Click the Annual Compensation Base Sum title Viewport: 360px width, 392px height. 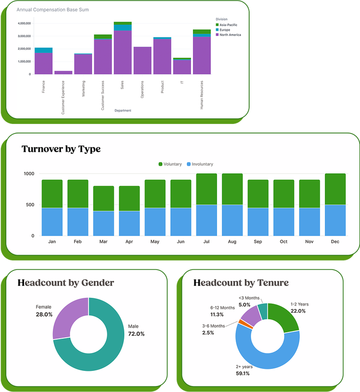tap(52, 10)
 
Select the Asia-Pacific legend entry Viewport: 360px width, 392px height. tap(228, 24)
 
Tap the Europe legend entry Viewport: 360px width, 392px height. tap(225, 30)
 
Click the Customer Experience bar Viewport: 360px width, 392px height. tap(63, 73)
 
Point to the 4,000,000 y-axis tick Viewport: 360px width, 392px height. tap(24, 23)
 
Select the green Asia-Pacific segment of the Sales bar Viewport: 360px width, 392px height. tap(122, 23)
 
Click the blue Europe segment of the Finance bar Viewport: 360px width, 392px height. tap(43, 50)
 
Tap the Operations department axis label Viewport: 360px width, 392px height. tap(142, 89)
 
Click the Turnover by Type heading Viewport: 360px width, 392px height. tap(61, 149)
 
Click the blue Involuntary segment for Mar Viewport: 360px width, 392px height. tap(103, 223)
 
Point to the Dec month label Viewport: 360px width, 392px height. tap(335, 242)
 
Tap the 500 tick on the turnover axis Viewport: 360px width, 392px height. tap(30, 205)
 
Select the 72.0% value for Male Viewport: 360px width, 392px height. tap(136, 334)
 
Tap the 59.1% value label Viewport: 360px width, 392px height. tap(242, 373)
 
